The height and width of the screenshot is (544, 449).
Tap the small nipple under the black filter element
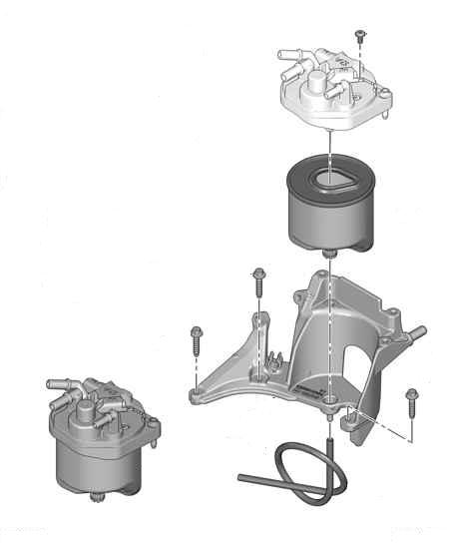(x=328, y=256)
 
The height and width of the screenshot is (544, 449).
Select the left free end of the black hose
(x=242, y=479)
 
